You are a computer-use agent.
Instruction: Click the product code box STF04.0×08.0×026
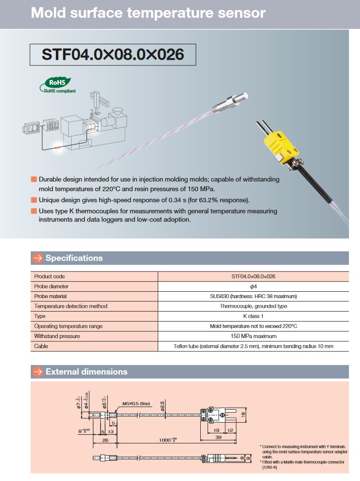pyautogui.click(x=113, y=54)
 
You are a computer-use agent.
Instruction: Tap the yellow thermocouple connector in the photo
pyautogui.click(x=278, y=144)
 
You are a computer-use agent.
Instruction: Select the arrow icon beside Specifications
pyautogui.click(x=38, y=258)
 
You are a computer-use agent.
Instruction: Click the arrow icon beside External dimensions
pyautogui.click(x=38, y=372)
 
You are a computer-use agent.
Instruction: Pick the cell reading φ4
pyautogui.click(x=253, y=286)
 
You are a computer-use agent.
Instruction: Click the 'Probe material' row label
pyautogui.click(x=51, y=296)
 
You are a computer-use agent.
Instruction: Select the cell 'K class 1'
pyautogui.click(x=253, y=316)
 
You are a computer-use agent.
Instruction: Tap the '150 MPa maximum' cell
pyautogui.click(x=253, y=336)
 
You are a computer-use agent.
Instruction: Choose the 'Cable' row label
pyautogui.click(x=41, y=346)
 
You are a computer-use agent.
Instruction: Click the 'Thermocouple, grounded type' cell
pyautogui.click(x=253, y=306)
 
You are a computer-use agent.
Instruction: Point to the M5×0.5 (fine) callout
pyautogui.click(x=136, y=403)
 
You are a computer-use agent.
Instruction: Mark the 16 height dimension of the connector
pyautogui.click(x=244, y=414)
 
